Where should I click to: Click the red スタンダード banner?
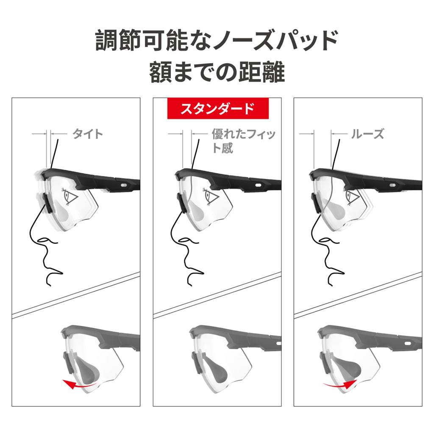tap(218, 108)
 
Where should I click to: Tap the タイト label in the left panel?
tap(88, 134)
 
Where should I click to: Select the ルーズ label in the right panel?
tap(367, 134)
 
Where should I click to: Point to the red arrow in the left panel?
tap(79, 384)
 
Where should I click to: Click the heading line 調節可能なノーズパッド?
tap(217, 40)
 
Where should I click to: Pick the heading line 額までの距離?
tap(217, 72)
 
